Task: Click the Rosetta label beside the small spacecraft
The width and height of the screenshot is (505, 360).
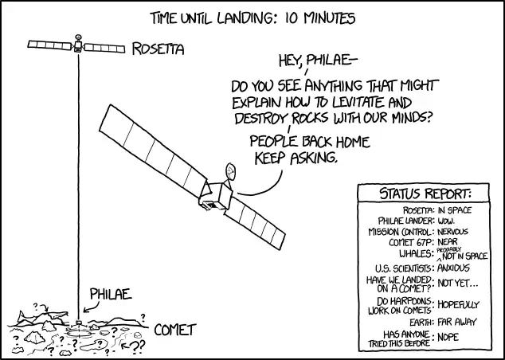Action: [x=157, y=49]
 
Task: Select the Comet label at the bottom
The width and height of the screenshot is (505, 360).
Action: [x=177, y=329]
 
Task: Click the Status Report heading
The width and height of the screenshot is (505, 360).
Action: [x=425, y=194]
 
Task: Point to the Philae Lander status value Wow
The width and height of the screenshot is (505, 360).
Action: [x=448, y=221]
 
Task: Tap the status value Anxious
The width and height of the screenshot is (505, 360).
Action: [x=456, y=268]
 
